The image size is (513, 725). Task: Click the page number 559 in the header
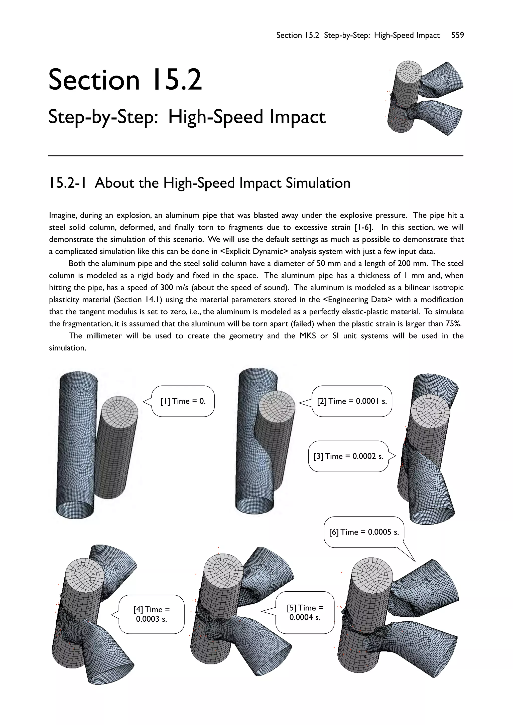(x=457, y=35)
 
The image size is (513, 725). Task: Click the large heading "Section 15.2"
(x=125, y=80)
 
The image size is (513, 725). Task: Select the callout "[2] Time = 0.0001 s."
(x=352, y=401)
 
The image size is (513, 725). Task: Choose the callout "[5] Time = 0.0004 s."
(x=305, y=612)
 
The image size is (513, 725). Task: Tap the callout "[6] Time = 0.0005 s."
(x=364, y=532)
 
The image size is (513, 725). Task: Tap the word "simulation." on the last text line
(x=68, y=348)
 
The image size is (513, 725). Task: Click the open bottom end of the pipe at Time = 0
(x=75, y=509)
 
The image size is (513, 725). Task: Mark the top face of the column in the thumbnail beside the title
(x=409, y=71)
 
